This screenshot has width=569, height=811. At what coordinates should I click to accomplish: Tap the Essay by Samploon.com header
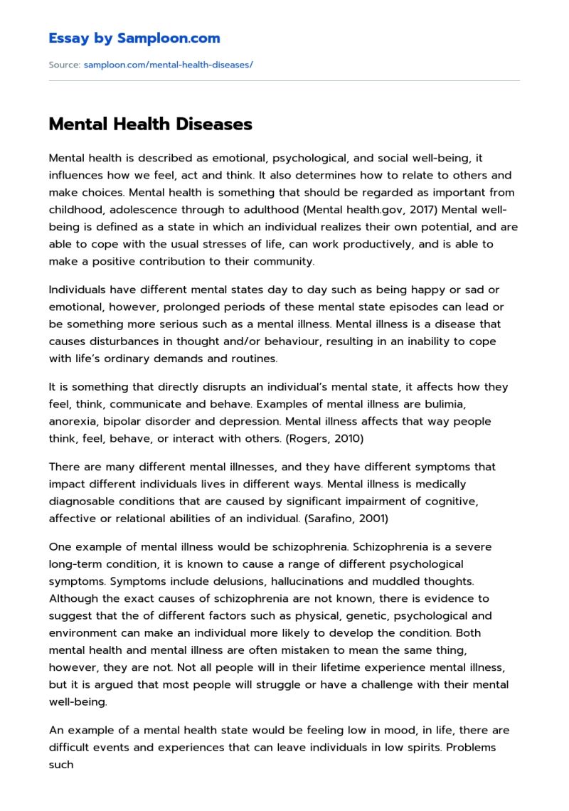pyautogui.click(x=134, y=38)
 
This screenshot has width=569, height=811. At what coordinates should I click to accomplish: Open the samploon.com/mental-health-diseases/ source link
pyautogui.click(x=168, y=65)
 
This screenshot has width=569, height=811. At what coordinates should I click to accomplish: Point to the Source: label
pyautogui.click(x=64, y=65)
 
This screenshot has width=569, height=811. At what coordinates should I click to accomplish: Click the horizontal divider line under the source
pyautogui.click(x=284, y=80)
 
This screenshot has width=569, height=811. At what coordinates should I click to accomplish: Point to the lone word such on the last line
pyautogui.click(x=61, y=764)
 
